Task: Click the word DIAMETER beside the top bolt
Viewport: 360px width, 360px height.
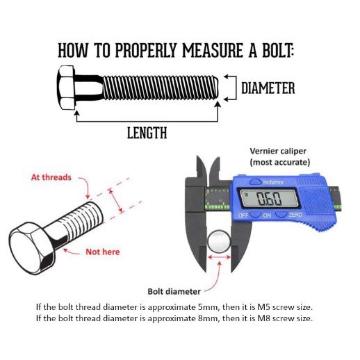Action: [268, 88]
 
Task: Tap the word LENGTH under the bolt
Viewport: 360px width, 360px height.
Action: [147, 133]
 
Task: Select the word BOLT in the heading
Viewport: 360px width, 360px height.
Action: [277, 50]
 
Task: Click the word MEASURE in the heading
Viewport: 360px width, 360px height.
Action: [213, 50]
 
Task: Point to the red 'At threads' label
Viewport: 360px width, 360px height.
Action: [51, 177]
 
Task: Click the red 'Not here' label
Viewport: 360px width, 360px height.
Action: [103, 252]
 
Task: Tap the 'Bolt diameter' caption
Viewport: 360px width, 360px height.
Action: [174, 291]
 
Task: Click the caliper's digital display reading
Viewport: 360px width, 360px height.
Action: [269, 199]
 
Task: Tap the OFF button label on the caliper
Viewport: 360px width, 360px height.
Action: [243, 215]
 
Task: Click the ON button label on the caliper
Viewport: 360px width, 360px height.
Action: [267, 215]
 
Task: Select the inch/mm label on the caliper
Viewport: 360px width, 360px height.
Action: [273, 182]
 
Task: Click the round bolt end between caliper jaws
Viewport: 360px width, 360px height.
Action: [219, 242]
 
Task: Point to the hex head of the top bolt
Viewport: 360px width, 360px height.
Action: [66, 88]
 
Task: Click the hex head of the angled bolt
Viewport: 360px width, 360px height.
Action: [32, 248]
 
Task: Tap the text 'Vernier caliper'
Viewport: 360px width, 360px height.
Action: [278, 152]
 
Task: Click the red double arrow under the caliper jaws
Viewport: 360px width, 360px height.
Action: [219, 257]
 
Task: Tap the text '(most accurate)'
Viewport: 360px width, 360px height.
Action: [280, 162]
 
